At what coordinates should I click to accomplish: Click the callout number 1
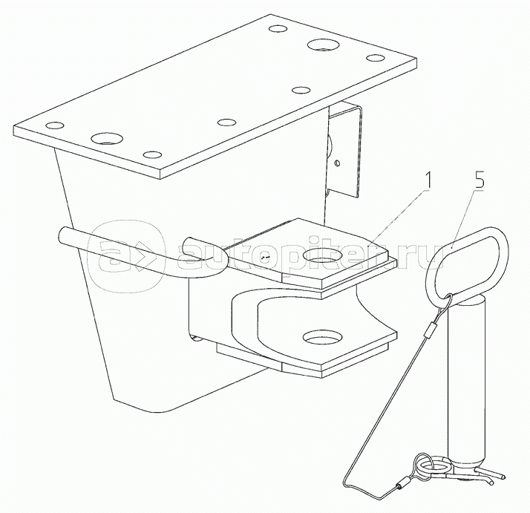tap(427, 180)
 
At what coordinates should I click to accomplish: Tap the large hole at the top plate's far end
tap(323, 45)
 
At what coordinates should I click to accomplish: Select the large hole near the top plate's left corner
tap(107, 138)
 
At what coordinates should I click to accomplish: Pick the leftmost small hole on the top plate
tap(55, 125)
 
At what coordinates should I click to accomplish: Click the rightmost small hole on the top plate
tap(376, 58)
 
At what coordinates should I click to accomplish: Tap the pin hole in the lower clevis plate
tap(323, 336)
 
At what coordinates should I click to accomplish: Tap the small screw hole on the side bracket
tap(336, 163)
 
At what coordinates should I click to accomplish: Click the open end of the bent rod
tap(65, 234)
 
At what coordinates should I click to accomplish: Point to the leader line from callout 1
tap(399, 218)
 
